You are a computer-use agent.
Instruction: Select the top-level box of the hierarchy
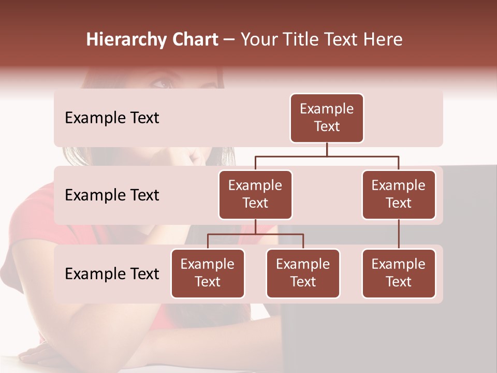327,118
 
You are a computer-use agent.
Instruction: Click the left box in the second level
255,195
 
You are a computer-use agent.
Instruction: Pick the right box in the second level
399,195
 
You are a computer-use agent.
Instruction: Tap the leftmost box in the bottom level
208,274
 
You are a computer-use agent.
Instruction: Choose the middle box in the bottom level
303,274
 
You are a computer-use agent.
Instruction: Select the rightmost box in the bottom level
399,274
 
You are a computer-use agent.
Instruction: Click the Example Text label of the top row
112,118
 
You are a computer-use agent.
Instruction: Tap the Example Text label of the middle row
112,195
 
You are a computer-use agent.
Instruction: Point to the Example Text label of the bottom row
112,274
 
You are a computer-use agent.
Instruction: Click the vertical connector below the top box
327,149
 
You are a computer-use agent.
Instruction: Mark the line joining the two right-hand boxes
399,234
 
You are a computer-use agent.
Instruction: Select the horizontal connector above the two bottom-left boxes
255,234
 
